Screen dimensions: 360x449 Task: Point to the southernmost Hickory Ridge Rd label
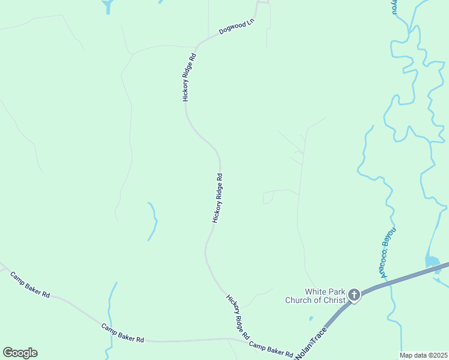[238, 317]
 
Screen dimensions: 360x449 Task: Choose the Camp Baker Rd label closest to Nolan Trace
[271, 347]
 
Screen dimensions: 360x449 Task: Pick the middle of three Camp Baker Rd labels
[122, 333]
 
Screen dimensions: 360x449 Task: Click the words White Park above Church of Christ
[324, 291]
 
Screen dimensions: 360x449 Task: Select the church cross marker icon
[354, 295]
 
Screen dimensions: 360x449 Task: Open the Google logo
[20, 353]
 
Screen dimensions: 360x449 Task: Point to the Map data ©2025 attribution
[423, 355]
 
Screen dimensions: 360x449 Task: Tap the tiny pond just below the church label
[310, 317]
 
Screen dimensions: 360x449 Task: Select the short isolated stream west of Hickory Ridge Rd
[152, 221]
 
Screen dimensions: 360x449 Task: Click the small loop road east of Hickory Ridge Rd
[269, 197]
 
